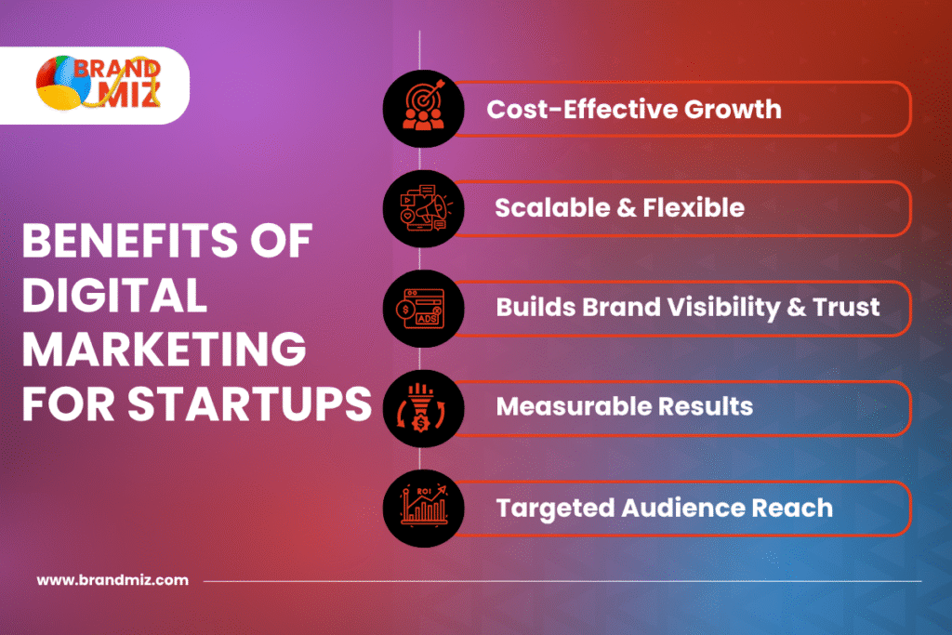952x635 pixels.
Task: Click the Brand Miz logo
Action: tap(99, 83)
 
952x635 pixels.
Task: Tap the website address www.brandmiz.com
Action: tap(112, 580)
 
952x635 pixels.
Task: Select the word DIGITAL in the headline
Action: tap(114, 295)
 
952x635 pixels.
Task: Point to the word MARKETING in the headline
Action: tap(164, 350)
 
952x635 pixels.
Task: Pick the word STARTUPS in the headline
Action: tap(249, 404)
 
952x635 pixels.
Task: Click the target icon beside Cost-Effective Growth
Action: tap(424, 108)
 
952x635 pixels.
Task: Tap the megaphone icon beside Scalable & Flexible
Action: tap(424, 208)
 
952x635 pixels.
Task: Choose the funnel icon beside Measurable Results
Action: tap(421, 408)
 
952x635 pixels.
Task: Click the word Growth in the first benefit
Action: tap(733, 110)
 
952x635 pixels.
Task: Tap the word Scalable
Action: tap(552, 208)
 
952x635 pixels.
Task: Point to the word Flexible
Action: tap(694, 208)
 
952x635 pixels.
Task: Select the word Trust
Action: tap(846, 307)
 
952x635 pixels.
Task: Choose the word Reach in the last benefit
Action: tap(792, 509)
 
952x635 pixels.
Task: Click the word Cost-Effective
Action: tap(582, 110)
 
